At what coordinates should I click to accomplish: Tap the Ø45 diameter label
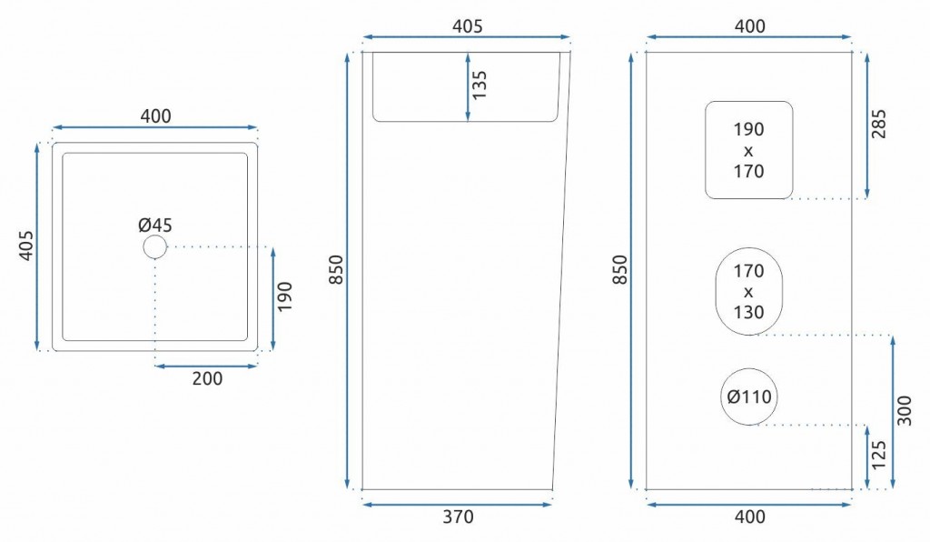pos(154,225)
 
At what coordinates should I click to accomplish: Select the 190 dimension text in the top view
pos(285,296)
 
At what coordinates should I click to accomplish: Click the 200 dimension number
pos(208,378)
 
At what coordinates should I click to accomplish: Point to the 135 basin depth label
pos(480,85)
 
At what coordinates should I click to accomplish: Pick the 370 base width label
pos(458,517)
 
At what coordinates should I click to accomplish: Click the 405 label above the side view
pos(468,26)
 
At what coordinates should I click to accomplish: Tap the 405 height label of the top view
pos(26,246)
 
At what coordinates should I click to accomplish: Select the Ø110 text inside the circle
pos(749,396)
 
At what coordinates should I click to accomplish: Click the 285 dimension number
pos(878,124)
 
